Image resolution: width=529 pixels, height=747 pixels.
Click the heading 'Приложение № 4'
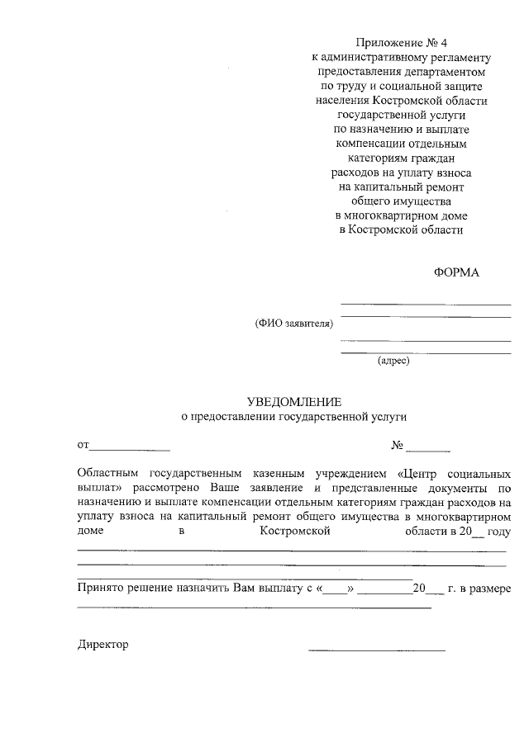(x=401, y=42)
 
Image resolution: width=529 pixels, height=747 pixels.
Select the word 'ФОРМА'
(x=457, y=273)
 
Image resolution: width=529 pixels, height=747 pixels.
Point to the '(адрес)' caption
(x=393, y=361)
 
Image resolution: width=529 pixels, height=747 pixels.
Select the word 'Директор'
(x=103, y=644)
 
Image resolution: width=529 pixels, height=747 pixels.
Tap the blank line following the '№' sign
(x=428, y=449)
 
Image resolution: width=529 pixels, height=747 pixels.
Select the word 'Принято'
(x=98, y=589)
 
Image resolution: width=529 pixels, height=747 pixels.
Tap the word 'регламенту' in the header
(x=460, y=57)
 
